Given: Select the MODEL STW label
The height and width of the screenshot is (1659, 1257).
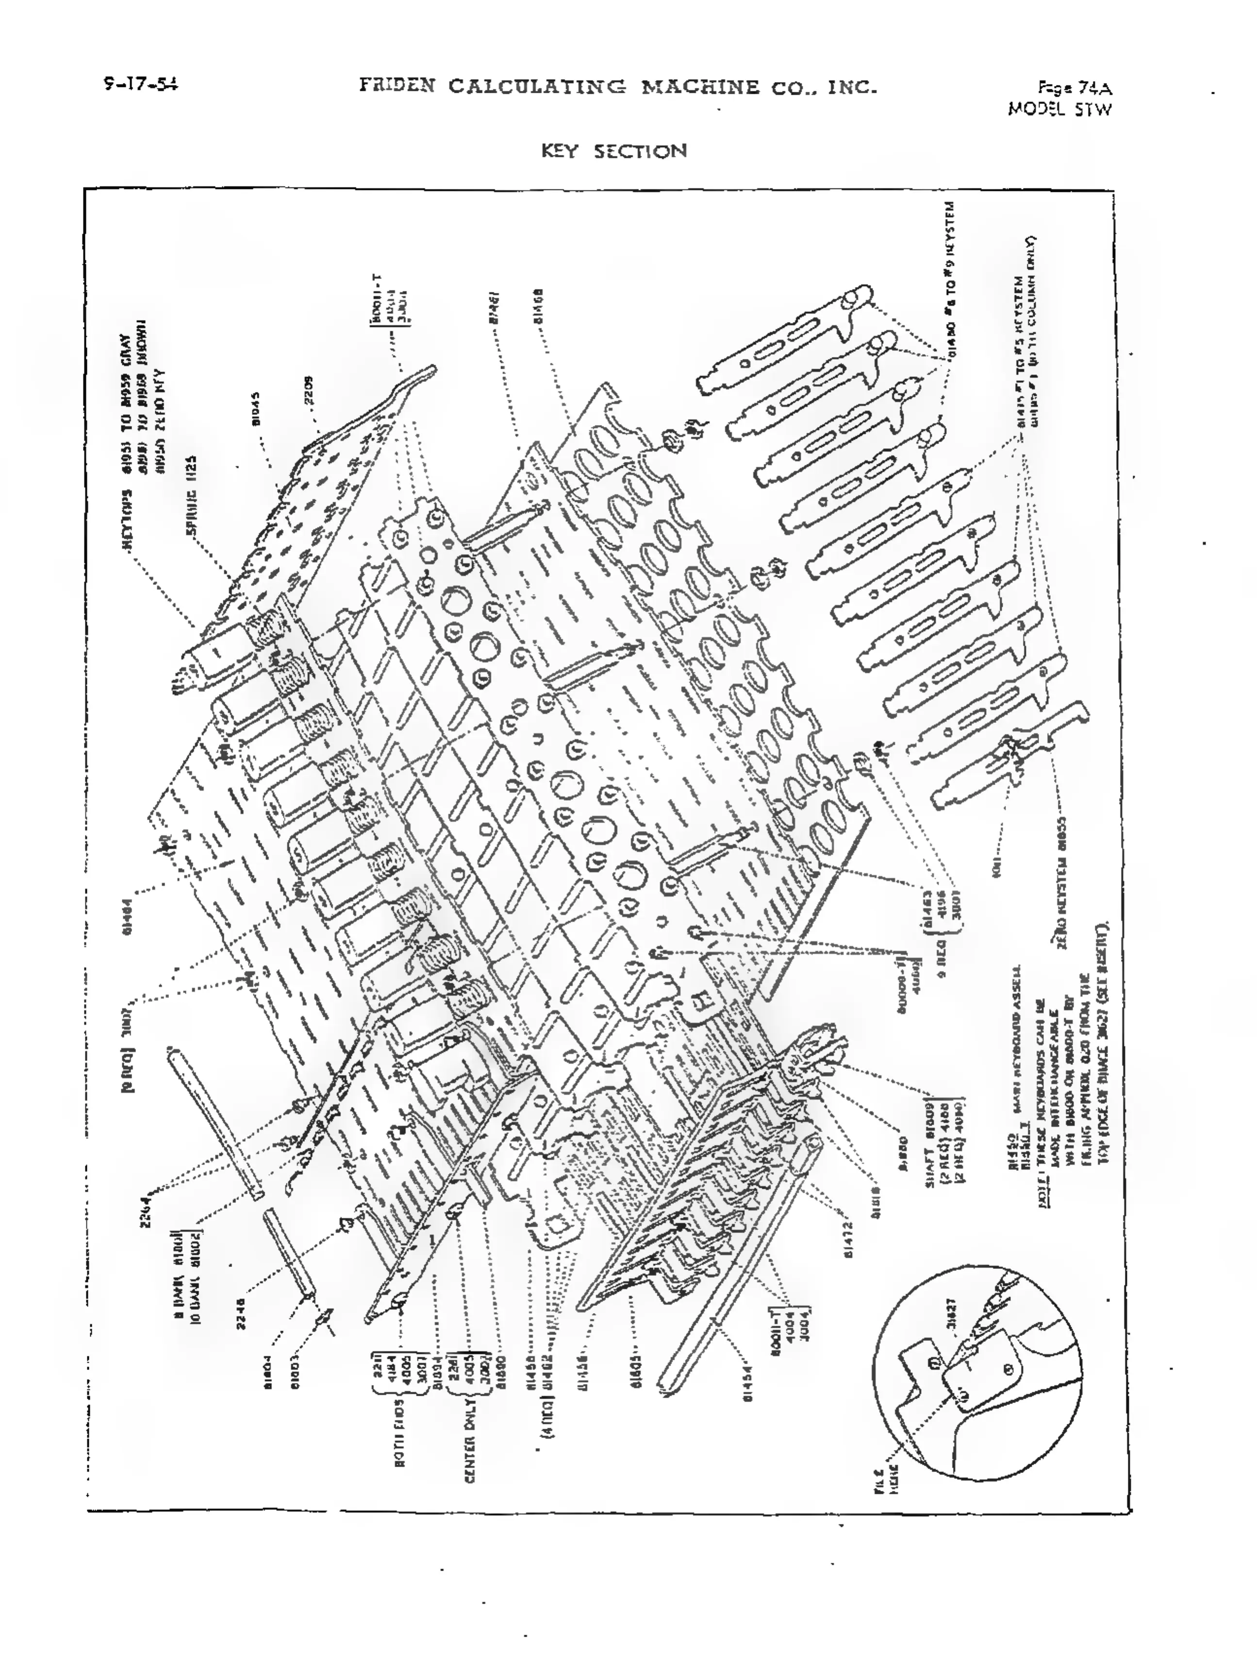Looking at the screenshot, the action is tap(1059, 109).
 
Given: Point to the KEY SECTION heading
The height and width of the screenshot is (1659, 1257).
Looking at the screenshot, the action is tap(613, 152).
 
